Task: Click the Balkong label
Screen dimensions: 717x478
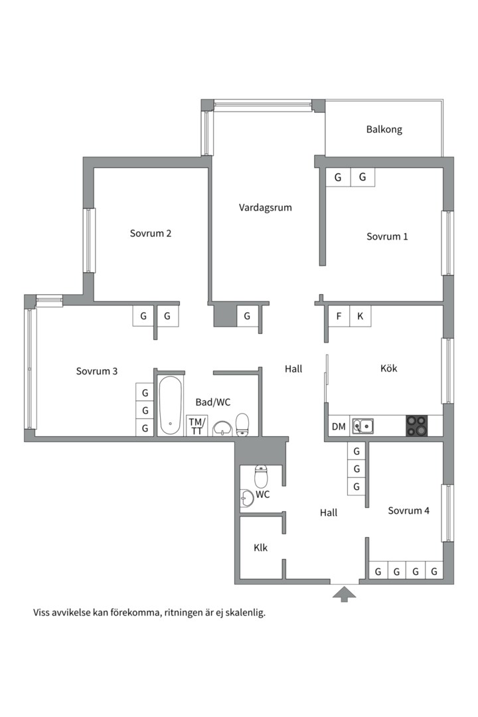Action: point(384,129)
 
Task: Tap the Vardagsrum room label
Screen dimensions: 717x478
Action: point(265,207)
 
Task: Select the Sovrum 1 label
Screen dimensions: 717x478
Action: point(387,236)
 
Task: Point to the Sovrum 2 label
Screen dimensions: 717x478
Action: point(151,233)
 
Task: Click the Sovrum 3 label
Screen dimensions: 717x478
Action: point(96,371)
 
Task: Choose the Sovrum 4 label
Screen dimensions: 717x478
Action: point(408,511)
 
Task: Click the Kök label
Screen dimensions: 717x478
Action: point(388,368)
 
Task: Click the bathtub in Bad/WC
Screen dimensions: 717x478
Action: point(170,405)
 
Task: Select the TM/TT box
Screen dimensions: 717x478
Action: point(197,426)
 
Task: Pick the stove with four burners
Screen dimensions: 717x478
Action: point(416,426)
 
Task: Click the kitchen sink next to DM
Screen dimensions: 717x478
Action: point(362,426)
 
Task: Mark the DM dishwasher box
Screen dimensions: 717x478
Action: point(339,426)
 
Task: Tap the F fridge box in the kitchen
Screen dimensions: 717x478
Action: point(339,316)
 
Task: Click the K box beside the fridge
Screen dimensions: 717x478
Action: point(360,316)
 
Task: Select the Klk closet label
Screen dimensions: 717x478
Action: point(260,548)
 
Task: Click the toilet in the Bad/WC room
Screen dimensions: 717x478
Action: point(242,424)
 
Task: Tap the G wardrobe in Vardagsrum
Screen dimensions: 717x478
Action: point(247,316)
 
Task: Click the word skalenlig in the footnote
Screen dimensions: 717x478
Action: point(245,613)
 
